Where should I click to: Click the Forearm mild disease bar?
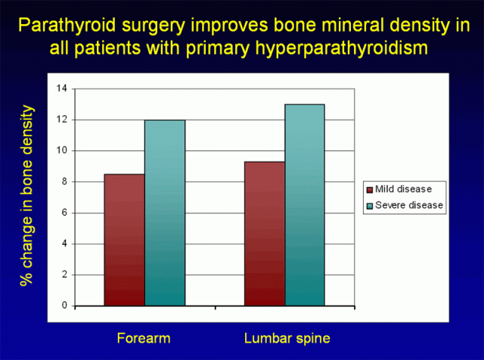pyautogui.click(x=125, y=240)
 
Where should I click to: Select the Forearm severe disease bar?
pyautogui.click(x=165, y=213)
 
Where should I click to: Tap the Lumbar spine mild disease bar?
pyautogui.click(x=264, y=234)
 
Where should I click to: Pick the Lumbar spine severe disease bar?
pyautogui.click(x=304, y=205)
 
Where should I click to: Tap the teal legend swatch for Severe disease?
pyautogui.click(x=369, y=204)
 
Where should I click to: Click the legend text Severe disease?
pyautogui.click(x=409, y=204)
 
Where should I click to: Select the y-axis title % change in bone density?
pyautogui.click(x=28, y=195)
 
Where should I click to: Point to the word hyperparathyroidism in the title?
pyautogui.click(x=333, y=49)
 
